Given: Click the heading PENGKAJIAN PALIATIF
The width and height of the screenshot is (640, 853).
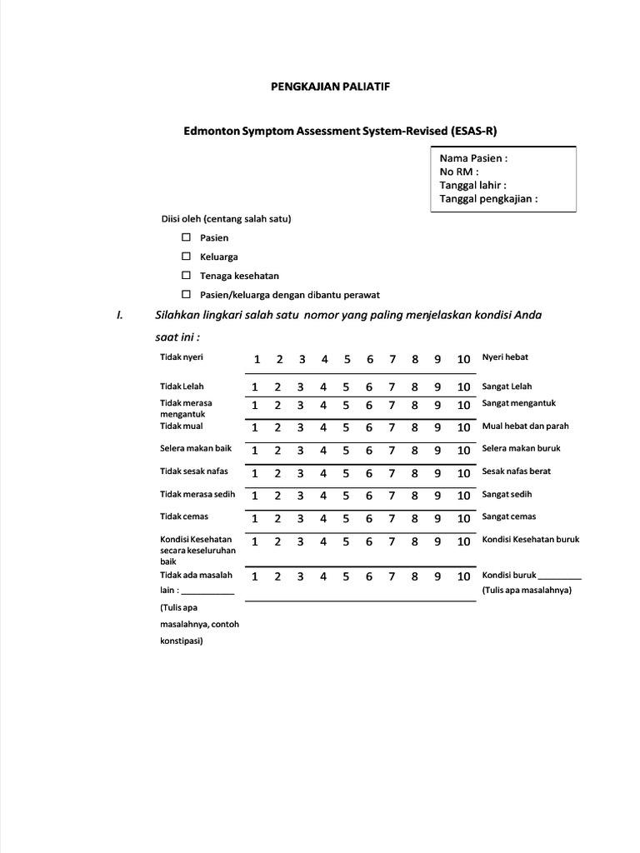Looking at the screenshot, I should point(320,86).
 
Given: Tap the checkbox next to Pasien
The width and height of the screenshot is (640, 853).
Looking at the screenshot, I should point(187,237).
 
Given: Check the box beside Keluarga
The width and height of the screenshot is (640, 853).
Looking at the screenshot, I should point(187,257).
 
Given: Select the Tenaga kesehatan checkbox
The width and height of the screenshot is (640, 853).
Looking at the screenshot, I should point(187,275).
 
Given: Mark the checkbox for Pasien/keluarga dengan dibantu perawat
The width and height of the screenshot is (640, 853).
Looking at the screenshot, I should point(187,294).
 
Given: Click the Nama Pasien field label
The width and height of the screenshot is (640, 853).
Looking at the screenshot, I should point(473,158).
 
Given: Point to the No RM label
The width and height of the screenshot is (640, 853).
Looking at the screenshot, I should point(459,172).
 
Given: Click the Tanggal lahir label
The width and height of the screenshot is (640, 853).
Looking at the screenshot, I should point(472,185).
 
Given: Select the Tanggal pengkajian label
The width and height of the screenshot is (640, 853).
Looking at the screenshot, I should point(488,199).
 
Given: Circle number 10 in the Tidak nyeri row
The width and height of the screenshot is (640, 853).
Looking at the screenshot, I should point(463,359).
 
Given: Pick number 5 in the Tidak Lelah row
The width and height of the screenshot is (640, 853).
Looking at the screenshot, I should point(347,387).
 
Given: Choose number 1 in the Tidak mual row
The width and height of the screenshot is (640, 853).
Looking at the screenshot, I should point(257,427).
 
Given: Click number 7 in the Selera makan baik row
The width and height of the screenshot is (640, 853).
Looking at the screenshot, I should point(392,450).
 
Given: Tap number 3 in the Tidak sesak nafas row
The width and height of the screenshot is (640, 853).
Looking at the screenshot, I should point(302,472).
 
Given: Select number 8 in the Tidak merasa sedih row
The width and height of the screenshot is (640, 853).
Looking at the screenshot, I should point(414,495).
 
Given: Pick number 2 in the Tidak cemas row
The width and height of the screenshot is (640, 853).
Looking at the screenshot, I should point(279,517).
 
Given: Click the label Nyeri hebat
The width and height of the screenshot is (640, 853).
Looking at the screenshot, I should point(505,357).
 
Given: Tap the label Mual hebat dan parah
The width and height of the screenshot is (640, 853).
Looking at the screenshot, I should point(525,426).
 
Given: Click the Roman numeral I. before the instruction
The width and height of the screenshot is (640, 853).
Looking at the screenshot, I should point(120,315).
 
